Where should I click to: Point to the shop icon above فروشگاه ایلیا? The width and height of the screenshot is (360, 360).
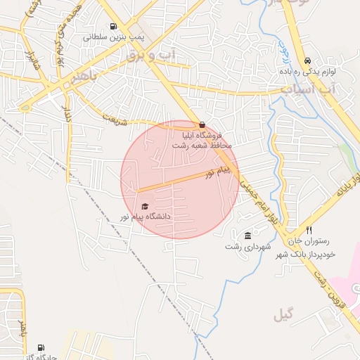tap(202, 124)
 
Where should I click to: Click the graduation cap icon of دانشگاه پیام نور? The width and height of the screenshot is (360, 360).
tap(145, 207)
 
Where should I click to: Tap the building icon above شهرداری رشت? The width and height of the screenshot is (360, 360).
tap(247, 236)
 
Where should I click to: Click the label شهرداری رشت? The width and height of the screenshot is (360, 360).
tap(243, 246)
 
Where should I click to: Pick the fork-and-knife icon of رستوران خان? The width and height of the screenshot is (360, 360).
tap(309, 231)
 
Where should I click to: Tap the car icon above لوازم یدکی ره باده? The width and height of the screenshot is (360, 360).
tap(308, 60)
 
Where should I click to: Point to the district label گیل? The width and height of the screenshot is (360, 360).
tap(283, 314)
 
